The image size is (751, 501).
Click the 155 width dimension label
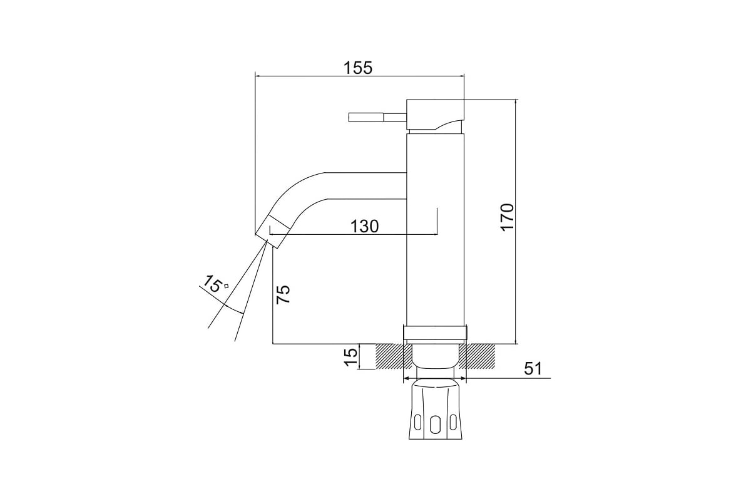358,68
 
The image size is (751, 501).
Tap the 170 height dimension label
508,217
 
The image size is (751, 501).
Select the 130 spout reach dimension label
365,227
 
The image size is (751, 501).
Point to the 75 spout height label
284,294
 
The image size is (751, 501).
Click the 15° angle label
215,284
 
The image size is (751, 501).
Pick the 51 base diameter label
533,368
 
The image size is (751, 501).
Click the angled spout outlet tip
273,232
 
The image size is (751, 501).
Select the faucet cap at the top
436,115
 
